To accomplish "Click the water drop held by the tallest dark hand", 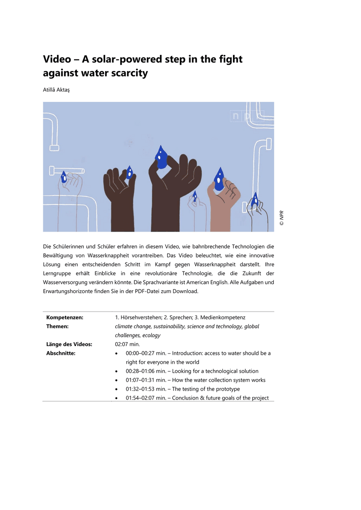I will click(x=161, y=157).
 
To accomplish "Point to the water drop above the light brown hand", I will click(x=219, y=178).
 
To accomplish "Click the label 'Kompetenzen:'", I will click(x=65, y=317).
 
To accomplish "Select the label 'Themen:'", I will click(x=57, y=326).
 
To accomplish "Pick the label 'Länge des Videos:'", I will click(x=69, y=344).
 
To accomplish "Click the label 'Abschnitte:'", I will click(x=61, y=353).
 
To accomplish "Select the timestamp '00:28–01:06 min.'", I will click(x=145, y=371).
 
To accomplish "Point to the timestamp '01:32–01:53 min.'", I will click(x=145, y=389).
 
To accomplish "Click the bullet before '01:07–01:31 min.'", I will click(x=117, y=380).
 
